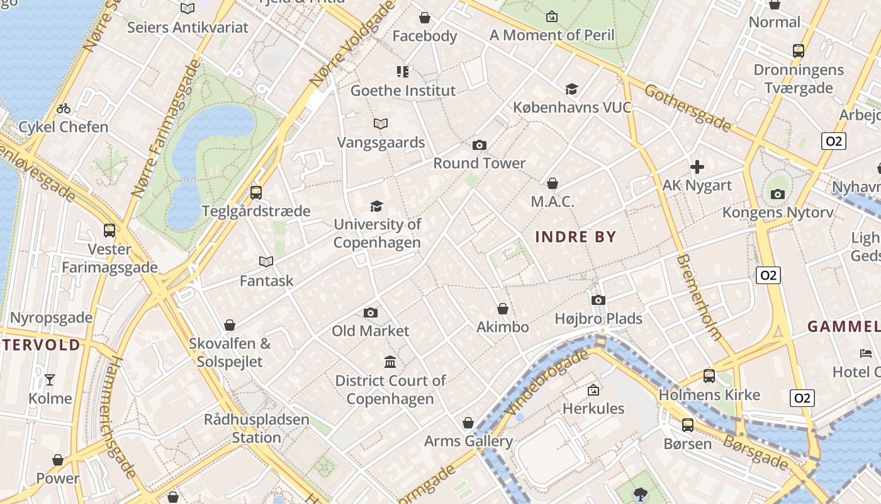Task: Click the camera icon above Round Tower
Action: pos(480,146)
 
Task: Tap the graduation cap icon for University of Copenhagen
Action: pos(376,206)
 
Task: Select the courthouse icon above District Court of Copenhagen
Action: pos(390,362)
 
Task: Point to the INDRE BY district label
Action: pos(575,237)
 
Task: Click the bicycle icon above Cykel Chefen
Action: pos(64,108)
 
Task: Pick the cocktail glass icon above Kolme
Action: pos(50,379)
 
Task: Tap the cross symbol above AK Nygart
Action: pos(697,167)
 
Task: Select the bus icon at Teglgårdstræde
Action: pos(255,193)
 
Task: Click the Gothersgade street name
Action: pos(688,108)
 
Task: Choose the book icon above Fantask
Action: pos(266,261)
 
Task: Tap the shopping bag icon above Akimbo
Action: pos(503,309)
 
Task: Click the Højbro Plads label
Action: pos(598,319)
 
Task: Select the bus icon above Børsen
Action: pos(687,425)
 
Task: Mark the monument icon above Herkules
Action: pos(593,391)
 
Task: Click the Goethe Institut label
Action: pos(403,91)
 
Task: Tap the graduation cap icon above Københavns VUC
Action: pos(571,89)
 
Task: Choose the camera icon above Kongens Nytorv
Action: pos(778,194)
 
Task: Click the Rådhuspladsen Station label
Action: pos(257,428)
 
